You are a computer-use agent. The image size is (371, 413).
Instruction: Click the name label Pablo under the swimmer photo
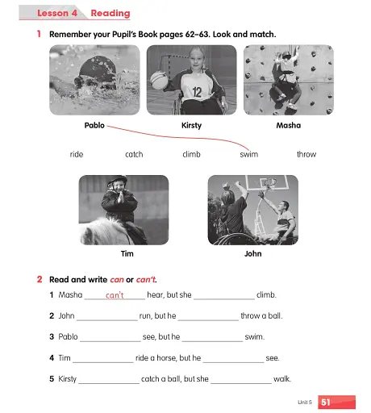pyautogui.click(x=94, y=126)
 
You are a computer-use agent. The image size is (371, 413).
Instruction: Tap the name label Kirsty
pyautogui.click(x=191, y=126)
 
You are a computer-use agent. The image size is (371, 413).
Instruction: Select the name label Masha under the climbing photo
pyautogui.click(x=288, y=126)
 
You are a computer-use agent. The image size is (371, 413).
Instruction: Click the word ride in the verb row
pyautogui.click(x=77, y=154)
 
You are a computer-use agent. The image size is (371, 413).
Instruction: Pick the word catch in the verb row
pyautogui.click(x=134, y=154)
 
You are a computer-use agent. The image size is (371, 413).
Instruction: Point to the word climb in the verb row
pyautogui.click(x=191, y=154)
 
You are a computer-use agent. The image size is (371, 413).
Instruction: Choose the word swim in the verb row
pyautogui.click(x=249, y=154)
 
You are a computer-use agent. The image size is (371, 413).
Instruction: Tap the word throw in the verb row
pyautogui.click(x=306, y=154)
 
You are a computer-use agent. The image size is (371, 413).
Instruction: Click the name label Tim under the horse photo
pyautogui.click(x=127, y=253)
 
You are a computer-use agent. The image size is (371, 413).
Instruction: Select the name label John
pyautogui.click(x=252, y=253)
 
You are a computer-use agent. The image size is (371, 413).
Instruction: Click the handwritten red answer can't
pyautogui.click(x=115, y=295)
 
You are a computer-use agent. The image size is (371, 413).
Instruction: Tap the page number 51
pyautogui.click(x=326, y=400)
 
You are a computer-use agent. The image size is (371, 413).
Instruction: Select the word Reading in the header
pyautogui.click(x=110, y=14)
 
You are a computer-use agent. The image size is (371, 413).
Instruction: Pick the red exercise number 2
pyautogui.click(x=39, y=279)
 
